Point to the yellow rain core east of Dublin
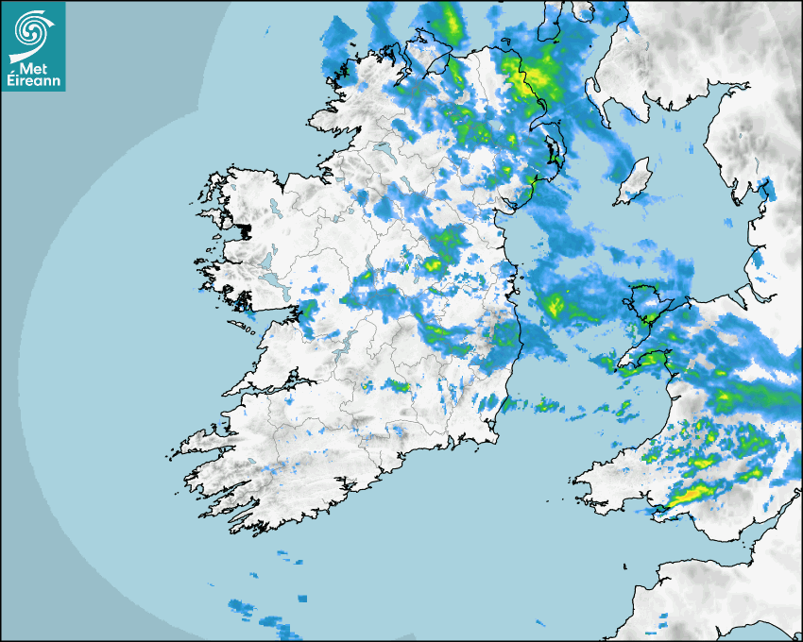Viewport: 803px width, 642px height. (x=555, y=304)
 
